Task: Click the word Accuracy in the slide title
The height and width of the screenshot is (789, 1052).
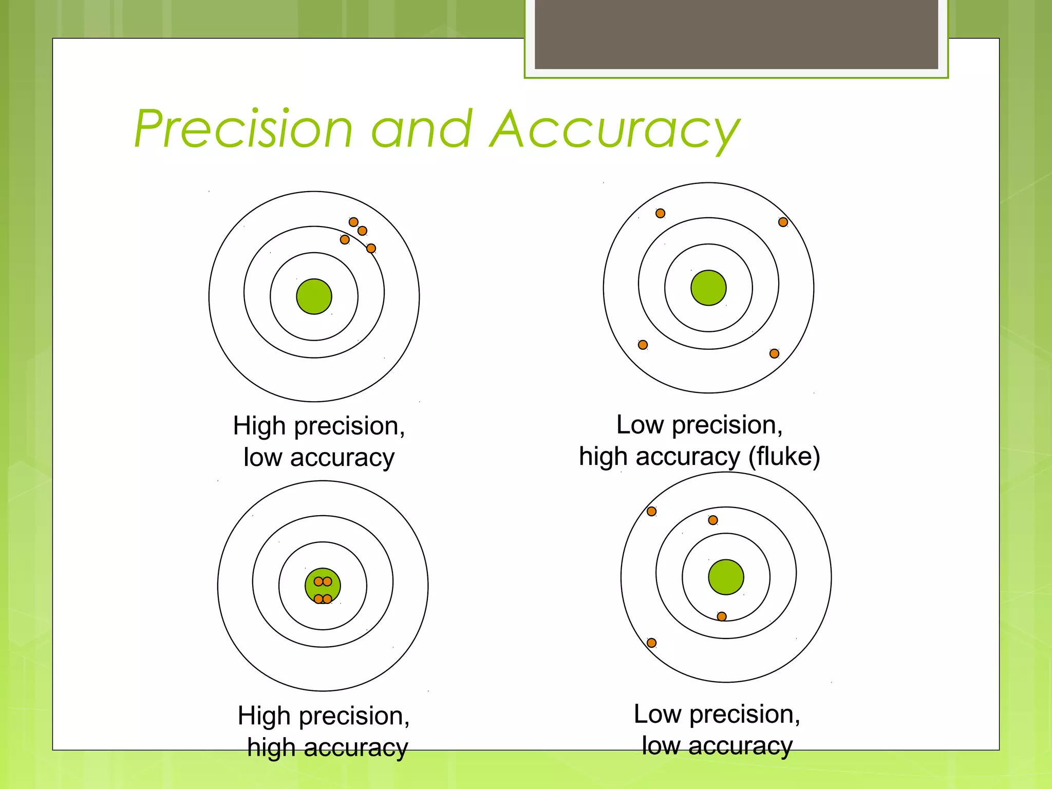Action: (x=614, y=130)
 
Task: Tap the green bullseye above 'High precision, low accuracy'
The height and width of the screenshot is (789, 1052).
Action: (x=314, y=296)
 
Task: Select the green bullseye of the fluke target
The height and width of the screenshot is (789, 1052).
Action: (x=708, y=288)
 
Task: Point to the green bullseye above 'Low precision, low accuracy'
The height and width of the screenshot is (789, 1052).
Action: (x=726, y=577)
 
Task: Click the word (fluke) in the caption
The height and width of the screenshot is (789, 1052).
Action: (x=784, y=456)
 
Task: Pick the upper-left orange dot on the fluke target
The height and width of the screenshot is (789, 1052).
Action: (x=661, y=213)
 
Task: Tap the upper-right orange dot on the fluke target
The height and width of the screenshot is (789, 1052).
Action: (x=783, y=222)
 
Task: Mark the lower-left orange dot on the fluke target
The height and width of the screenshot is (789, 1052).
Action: (x=643, y=345)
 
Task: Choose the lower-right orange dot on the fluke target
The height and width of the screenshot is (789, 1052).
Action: (x=774, y=353)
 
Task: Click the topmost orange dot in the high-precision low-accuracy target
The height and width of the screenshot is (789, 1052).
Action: (x=353, y=222)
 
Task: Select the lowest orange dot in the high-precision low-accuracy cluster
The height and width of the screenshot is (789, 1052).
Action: (x=371, y=249)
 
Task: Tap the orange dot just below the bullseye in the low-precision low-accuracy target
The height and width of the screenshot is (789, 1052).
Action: (x=722, y=616)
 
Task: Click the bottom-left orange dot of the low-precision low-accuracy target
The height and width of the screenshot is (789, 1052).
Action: (x=651, y=643)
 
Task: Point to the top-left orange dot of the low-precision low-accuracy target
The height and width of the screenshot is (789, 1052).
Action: (x=651, y=511)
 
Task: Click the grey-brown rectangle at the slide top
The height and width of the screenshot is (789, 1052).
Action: (x=736, y=34)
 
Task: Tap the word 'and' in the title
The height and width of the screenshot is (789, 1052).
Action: (x=421, y=130)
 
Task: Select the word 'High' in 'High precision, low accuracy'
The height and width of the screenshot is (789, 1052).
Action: (x=259, y=426)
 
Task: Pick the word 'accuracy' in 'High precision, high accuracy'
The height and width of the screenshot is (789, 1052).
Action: (x=355, y=748)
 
